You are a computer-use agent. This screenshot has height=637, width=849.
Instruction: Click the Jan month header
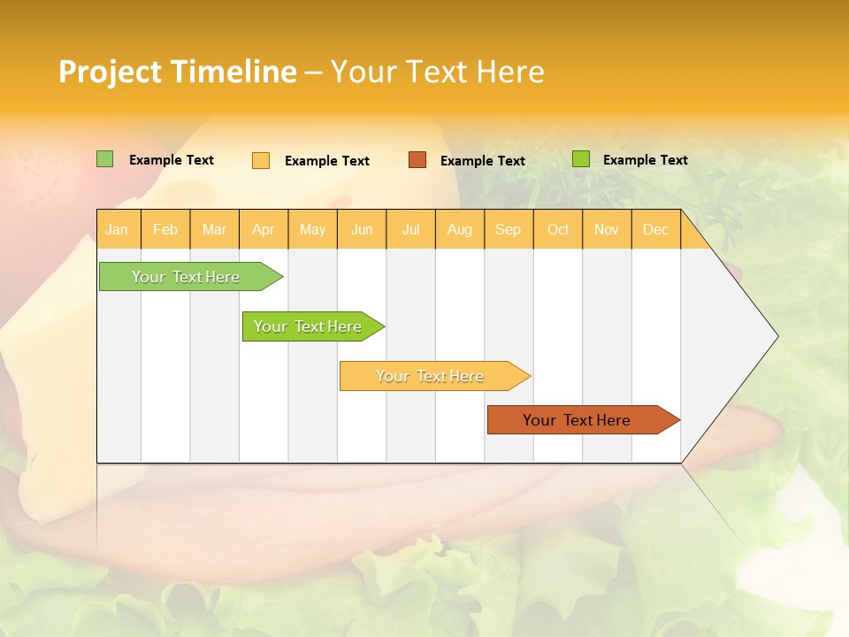[x=117, y=229]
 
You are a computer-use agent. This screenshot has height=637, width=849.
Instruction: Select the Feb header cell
[x=165, y=229]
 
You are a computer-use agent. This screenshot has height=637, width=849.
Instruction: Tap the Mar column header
[x=214, y=229]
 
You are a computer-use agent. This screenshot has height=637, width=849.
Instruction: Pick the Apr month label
[x=263, y=229]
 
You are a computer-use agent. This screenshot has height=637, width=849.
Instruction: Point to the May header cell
[x=312, y=229]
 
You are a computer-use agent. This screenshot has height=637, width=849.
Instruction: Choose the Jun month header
[x=362, y=229]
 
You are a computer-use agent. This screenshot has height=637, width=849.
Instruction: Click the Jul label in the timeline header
[x=411, y=229]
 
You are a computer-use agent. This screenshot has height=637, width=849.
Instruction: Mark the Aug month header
[x=460, y=229]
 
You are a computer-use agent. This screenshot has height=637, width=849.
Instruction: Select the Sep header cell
[x=509, y=229]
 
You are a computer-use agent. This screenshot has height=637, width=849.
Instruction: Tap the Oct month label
[x=558, y=229]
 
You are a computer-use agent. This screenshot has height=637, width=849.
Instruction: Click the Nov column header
[x=607, y=229]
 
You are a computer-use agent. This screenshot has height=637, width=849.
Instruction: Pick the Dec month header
[x=656, y=229]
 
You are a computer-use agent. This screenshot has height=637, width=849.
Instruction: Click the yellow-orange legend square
[x=261, y=160]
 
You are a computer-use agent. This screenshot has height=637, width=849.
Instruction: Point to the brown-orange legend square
[x=417, y=159]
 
